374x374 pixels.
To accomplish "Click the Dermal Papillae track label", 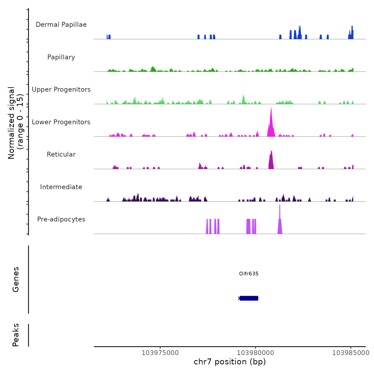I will [61, 25].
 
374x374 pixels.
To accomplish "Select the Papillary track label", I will [61, 57].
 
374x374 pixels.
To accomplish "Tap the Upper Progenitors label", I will [61, 89].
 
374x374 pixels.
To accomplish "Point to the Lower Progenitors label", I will [61, 122].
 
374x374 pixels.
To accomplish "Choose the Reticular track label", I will [61, 154].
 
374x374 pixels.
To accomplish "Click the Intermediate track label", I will [61, 187].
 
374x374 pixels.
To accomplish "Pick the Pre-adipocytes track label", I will [61, 219].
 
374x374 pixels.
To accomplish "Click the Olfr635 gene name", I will [249, 274].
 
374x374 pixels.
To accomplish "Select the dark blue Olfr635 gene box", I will [249, 298].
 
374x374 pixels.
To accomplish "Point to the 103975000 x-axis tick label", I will [160, 353].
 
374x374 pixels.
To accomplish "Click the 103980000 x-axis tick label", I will [255, 353].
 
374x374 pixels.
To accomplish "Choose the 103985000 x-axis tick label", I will [351, 353].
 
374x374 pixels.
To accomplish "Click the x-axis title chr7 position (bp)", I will [230, 362].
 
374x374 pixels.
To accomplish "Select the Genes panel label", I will [15, 279].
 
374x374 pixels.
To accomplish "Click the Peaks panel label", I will [15, 335].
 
